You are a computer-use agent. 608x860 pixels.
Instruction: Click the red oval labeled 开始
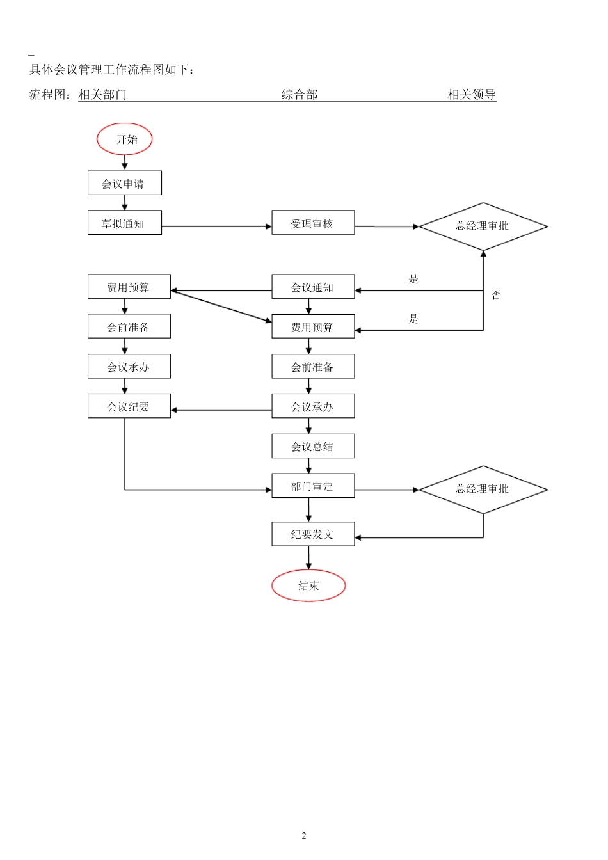(125, 139)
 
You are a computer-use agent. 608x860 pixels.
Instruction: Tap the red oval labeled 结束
(308, 585)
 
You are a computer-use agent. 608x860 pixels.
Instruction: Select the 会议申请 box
(125, 183)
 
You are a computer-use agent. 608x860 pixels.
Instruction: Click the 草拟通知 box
(125, 223)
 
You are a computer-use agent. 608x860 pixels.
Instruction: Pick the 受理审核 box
(313, 223)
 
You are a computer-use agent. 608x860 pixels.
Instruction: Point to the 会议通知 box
(313, 287)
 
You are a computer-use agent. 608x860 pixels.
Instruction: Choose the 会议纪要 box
(129, 406)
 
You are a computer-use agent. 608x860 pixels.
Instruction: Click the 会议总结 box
(313, 446)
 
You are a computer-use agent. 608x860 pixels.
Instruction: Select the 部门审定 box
(313, 486)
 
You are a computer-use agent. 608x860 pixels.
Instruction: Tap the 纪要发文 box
(313, 534)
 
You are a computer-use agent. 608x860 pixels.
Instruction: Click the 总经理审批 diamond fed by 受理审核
(483, 226)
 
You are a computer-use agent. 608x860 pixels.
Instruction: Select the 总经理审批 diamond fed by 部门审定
(483, 490)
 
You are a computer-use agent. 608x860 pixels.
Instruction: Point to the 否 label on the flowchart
(496, 295)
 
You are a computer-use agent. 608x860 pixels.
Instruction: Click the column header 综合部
(300, 95)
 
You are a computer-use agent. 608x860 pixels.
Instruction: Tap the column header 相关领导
(472, 95)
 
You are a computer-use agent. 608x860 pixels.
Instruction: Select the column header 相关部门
(102, 95)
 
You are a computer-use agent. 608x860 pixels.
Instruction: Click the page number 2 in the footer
(304, 836)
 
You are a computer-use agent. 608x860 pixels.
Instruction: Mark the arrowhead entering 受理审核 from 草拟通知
(269, 227)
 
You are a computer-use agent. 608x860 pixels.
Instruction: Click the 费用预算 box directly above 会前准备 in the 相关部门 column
(129, 287)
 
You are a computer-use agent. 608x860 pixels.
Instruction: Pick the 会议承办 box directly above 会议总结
(313, 406)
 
